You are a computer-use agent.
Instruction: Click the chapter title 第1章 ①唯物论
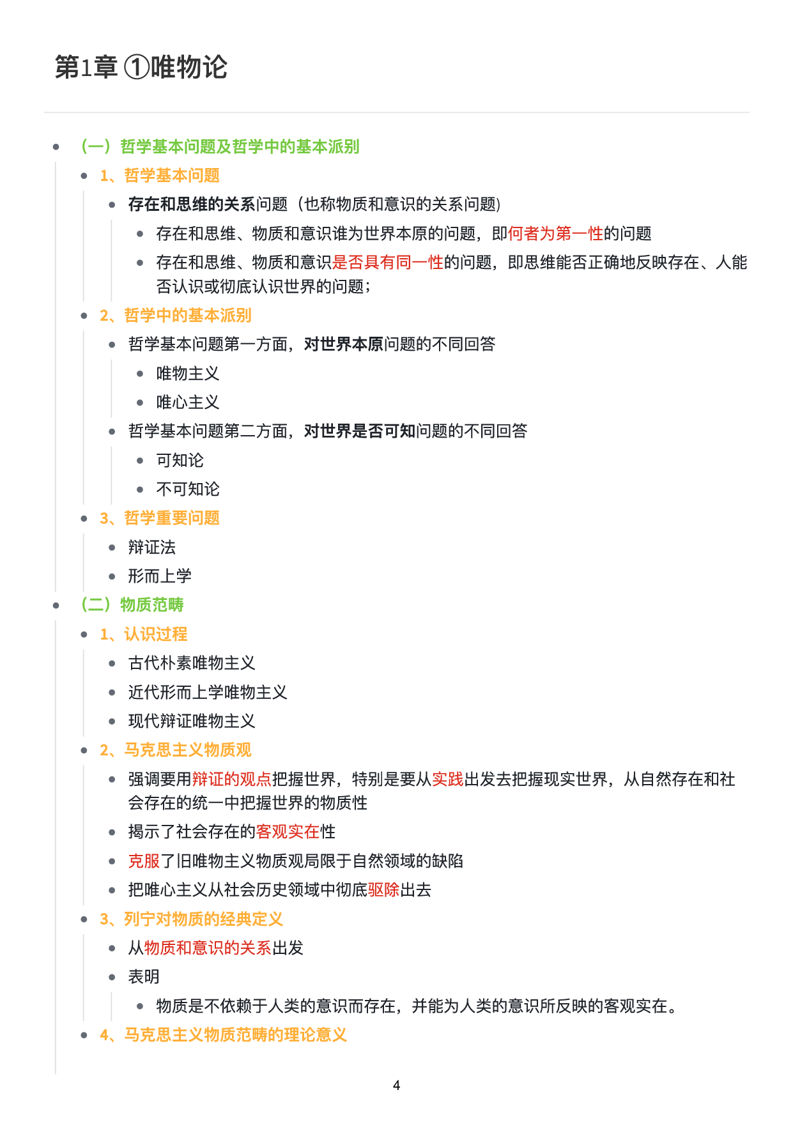click(141, 68)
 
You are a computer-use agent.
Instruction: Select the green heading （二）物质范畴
click(132, 604)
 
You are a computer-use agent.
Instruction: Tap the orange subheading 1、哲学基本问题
click(160, 176)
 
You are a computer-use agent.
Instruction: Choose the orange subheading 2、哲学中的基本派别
click(176, 315)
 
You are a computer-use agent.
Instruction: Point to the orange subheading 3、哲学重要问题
click(160, 518)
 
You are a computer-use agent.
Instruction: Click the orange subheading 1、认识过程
click(144, 634)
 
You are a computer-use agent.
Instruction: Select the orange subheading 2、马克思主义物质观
click(176, 750)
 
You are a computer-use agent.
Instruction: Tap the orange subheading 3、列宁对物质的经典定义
click(191, 919)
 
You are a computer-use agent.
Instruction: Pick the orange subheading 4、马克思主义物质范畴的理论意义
click(223, 1035)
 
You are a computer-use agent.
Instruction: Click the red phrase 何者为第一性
click(555, 234)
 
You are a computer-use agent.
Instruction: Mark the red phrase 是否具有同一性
click(387, 263)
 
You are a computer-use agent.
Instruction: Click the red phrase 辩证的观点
click(231, 780)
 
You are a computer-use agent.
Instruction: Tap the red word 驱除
click(383, 890)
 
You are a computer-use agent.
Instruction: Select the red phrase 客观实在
click(288, 832)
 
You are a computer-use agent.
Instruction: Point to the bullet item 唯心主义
click(188, 403)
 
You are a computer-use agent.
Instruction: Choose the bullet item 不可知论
click(188, 489)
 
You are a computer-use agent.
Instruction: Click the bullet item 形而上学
click(160, 576)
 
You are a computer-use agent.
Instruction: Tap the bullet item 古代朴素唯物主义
click(192, 663)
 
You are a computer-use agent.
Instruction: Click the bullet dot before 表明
click(112, 977)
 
